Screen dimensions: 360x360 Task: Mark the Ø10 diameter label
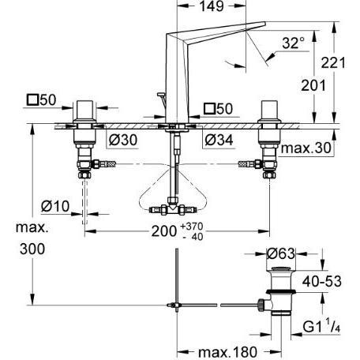pos(54,208)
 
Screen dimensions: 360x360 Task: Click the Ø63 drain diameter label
pos(280,254)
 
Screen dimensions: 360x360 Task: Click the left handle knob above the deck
pos(86,110)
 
